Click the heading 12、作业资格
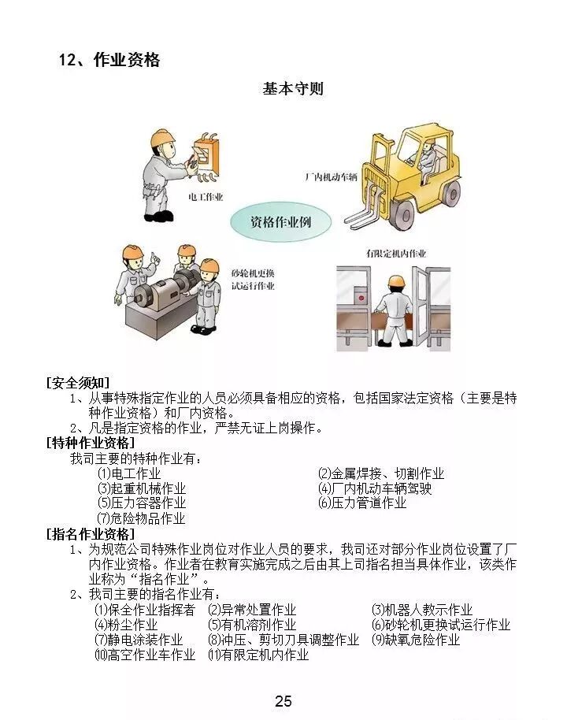coord(109,60)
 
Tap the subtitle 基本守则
coord(294,89)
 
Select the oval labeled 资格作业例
coord(280,222)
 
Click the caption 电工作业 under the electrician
coord(206,197)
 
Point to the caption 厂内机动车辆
coord(331,176)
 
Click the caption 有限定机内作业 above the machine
coord(396,253)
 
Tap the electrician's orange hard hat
coord(162,137)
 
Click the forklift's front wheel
coord(403,214)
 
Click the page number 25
coord(283,701)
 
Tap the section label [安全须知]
coord(79,383)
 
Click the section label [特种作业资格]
coord(91,444)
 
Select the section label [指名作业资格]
coord(91,534)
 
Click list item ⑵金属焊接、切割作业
coord(381,473)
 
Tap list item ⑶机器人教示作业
coord(422,610)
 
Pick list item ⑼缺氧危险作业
coord(416,640)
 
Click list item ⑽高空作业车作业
coord(145,655)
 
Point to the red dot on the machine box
coord(361,298)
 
